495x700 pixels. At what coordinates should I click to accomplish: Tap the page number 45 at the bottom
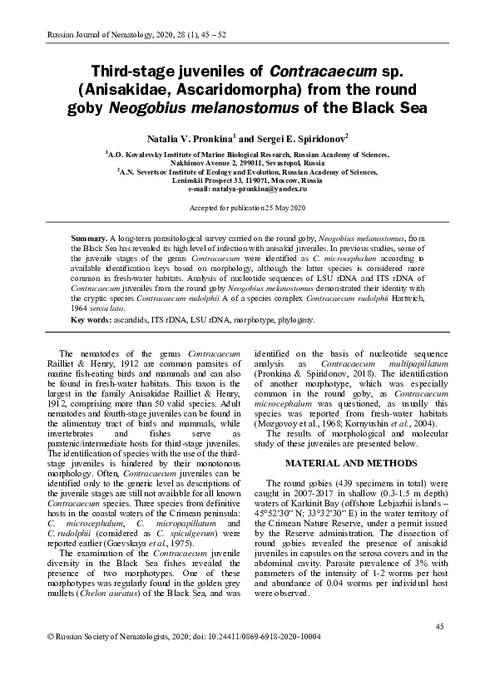[x=440, y=625]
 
